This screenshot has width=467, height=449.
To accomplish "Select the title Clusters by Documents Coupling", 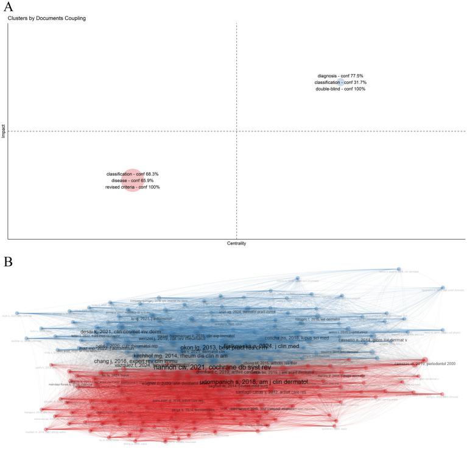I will coord(47,19).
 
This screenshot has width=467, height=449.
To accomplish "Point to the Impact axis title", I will coord(4,131).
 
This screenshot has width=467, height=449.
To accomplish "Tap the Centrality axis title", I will coord(236,243).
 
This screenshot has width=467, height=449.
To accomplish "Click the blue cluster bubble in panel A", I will coord(341,82).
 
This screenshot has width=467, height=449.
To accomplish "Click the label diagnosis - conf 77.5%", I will coord(340,75).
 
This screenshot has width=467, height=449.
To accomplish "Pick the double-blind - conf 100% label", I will coord(340,89).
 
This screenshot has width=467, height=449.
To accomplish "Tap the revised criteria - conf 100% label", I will coord(132,187).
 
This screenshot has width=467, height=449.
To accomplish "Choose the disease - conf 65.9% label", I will coord(132,181).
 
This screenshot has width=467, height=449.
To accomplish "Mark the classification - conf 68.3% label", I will coord(132,174).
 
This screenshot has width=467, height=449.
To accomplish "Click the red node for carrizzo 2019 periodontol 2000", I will coord(424,360).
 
